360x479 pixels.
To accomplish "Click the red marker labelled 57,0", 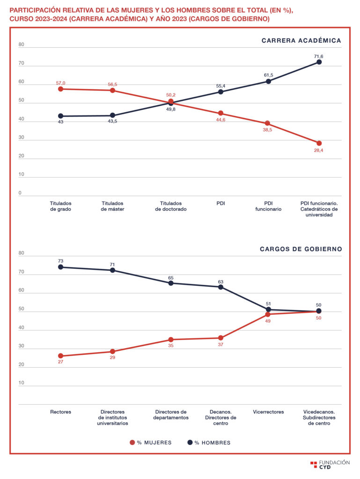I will coord(60,89).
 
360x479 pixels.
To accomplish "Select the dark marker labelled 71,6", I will coord(319,62).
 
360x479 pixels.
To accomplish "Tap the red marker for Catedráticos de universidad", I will coord(319,143).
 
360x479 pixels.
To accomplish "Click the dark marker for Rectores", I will coord(60,267).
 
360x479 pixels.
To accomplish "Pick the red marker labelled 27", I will coord(60,356).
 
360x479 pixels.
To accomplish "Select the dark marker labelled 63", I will coord(220,287).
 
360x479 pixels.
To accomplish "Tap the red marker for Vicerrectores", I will coord(268,314).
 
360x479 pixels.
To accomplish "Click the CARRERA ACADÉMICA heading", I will coord(301,41).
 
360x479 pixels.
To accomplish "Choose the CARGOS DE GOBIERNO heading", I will coord(301,249).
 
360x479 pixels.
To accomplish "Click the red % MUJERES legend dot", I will coord(132,442).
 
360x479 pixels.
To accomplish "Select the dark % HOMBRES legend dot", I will coord(190,442).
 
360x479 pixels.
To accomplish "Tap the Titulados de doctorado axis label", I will coord(171,206).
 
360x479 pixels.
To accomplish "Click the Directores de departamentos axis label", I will coord(171,414).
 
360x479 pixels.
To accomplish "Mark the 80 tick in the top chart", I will coord(21,45).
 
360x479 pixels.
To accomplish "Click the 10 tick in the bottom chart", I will coord(21,383).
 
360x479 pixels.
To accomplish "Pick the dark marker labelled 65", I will coord(171,283).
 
